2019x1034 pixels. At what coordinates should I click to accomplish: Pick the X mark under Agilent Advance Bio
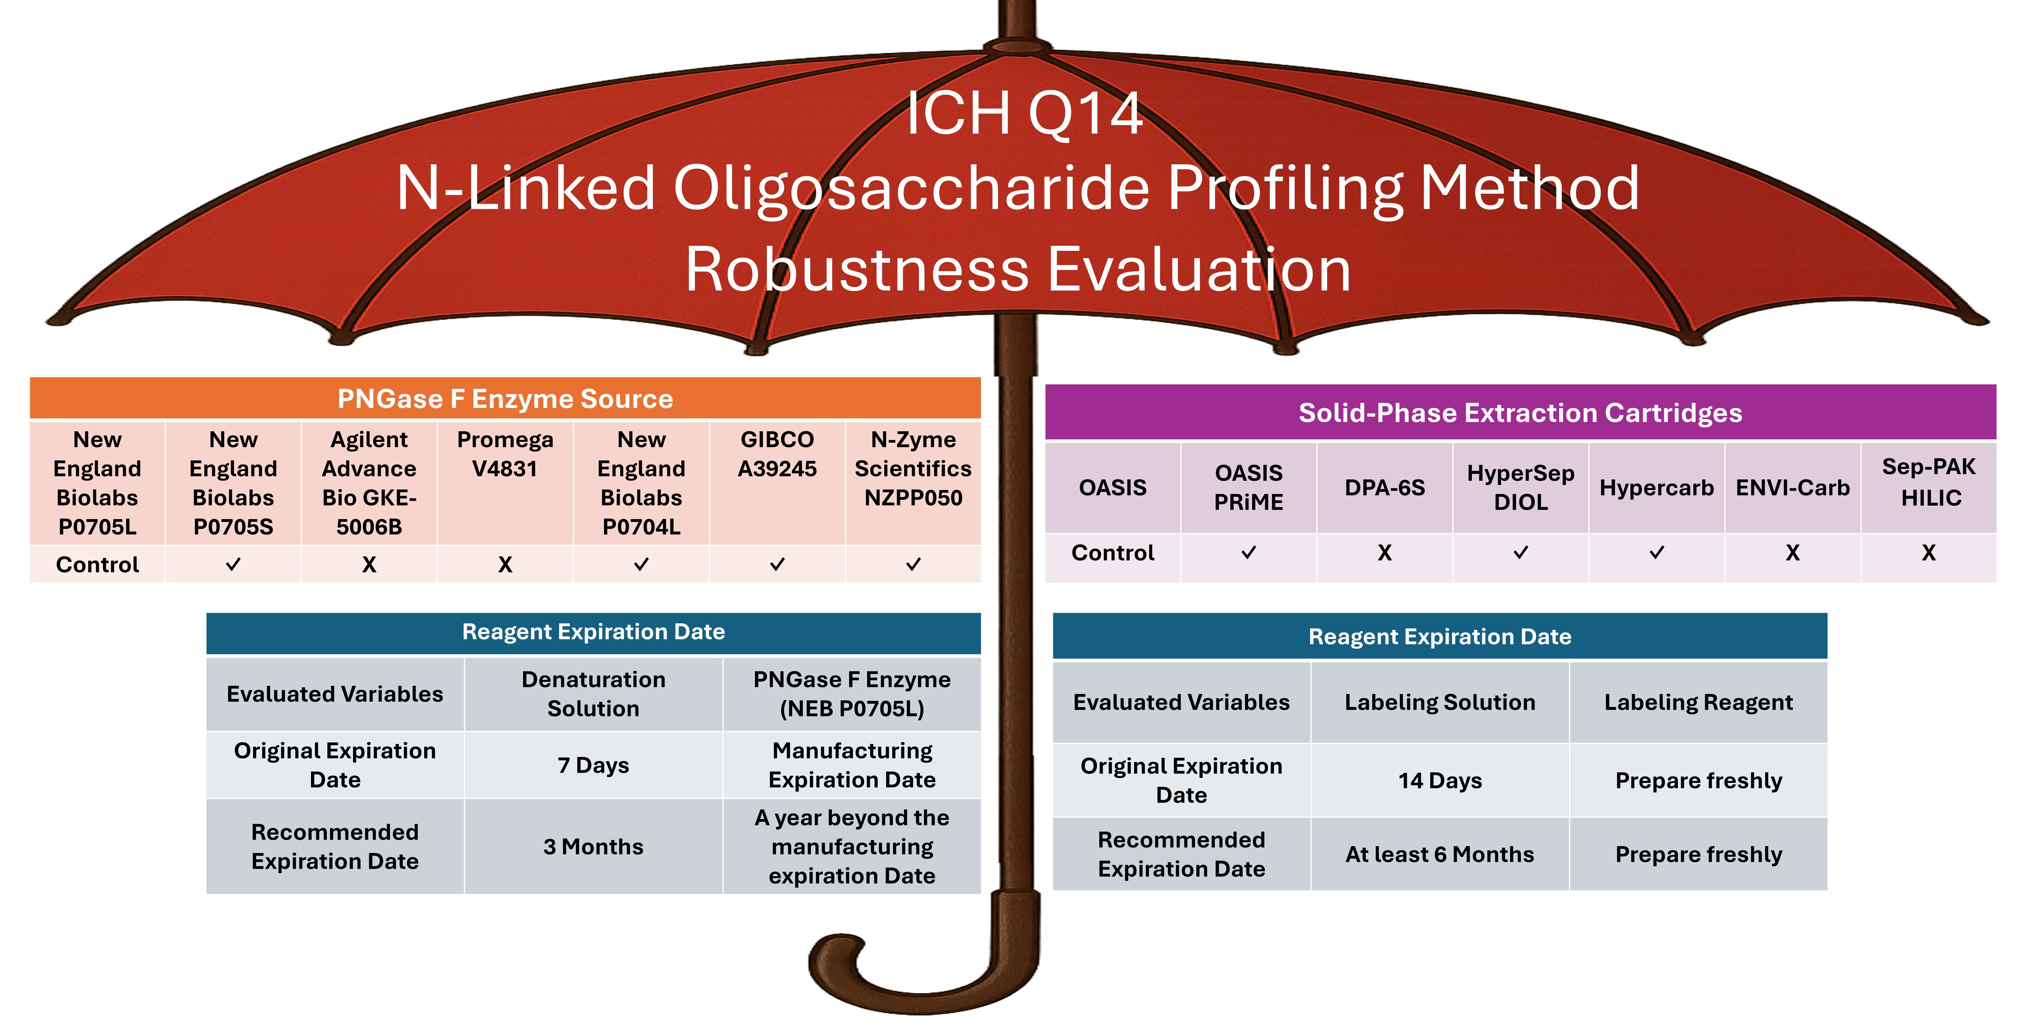coord(369,564)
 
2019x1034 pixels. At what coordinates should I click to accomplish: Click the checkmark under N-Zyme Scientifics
coord(913,564)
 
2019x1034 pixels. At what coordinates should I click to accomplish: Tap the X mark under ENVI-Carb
coord(1792,553)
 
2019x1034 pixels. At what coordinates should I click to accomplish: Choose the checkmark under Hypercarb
coord(1656,553)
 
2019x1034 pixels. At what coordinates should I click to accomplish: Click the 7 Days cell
coord(593,765)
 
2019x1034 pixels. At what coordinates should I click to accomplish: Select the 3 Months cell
coord(593,847)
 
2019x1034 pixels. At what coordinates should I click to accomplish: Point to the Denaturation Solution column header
coord(593,694)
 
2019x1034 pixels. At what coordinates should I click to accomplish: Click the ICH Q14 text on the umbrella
coord(1024,114)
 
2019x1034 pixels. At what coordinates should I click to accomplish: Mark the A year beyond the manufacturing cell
coord(852,847)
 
